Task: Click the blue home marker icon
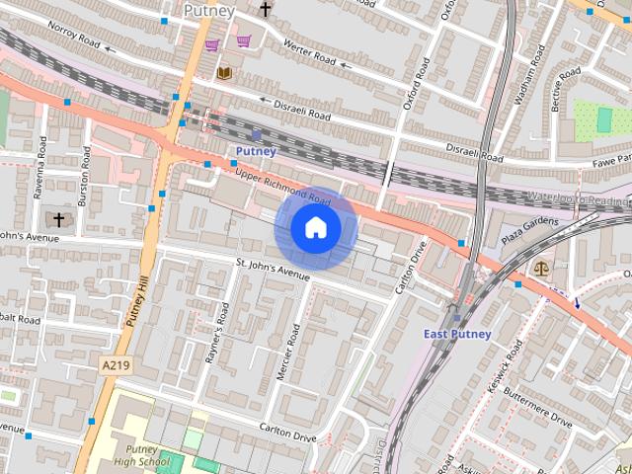[x=315, y=228]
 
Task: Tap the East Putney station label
[x=457, y=334]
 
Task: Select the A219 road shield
[x=116, y=365]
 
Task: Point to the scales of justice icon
[x=540, y=267]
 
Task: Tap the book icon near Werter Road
[x=224, y=72]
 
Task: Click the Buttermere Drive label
[x=539, y=407]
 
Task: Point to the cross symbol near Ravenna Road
[x=58, y=219]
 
